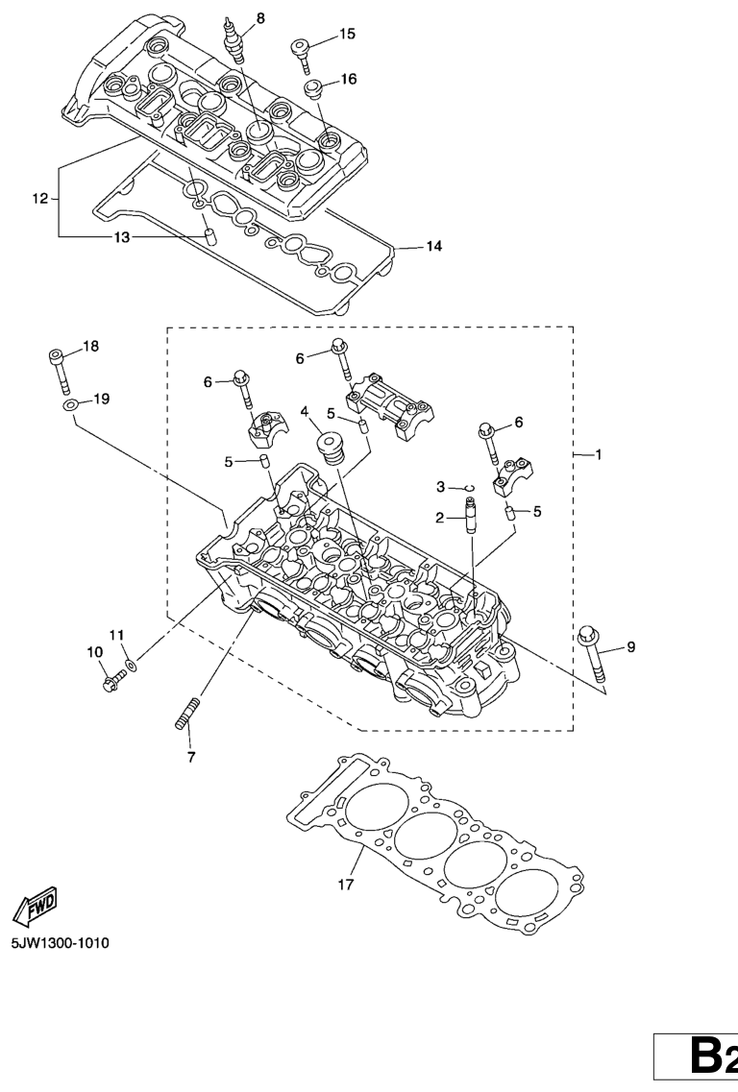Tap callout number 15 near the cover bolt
click(347, 34)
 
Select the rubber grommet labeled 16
click(313, 90)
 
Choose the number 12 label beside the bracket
click(39, 199)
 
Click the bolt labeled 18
click(59, 370)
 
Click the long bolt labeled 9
click(593, 655)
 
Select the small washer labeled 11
click(132, 663)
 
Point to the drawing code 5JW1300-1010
click(60, 943)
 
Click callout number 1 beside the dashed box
click(598, 455)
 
